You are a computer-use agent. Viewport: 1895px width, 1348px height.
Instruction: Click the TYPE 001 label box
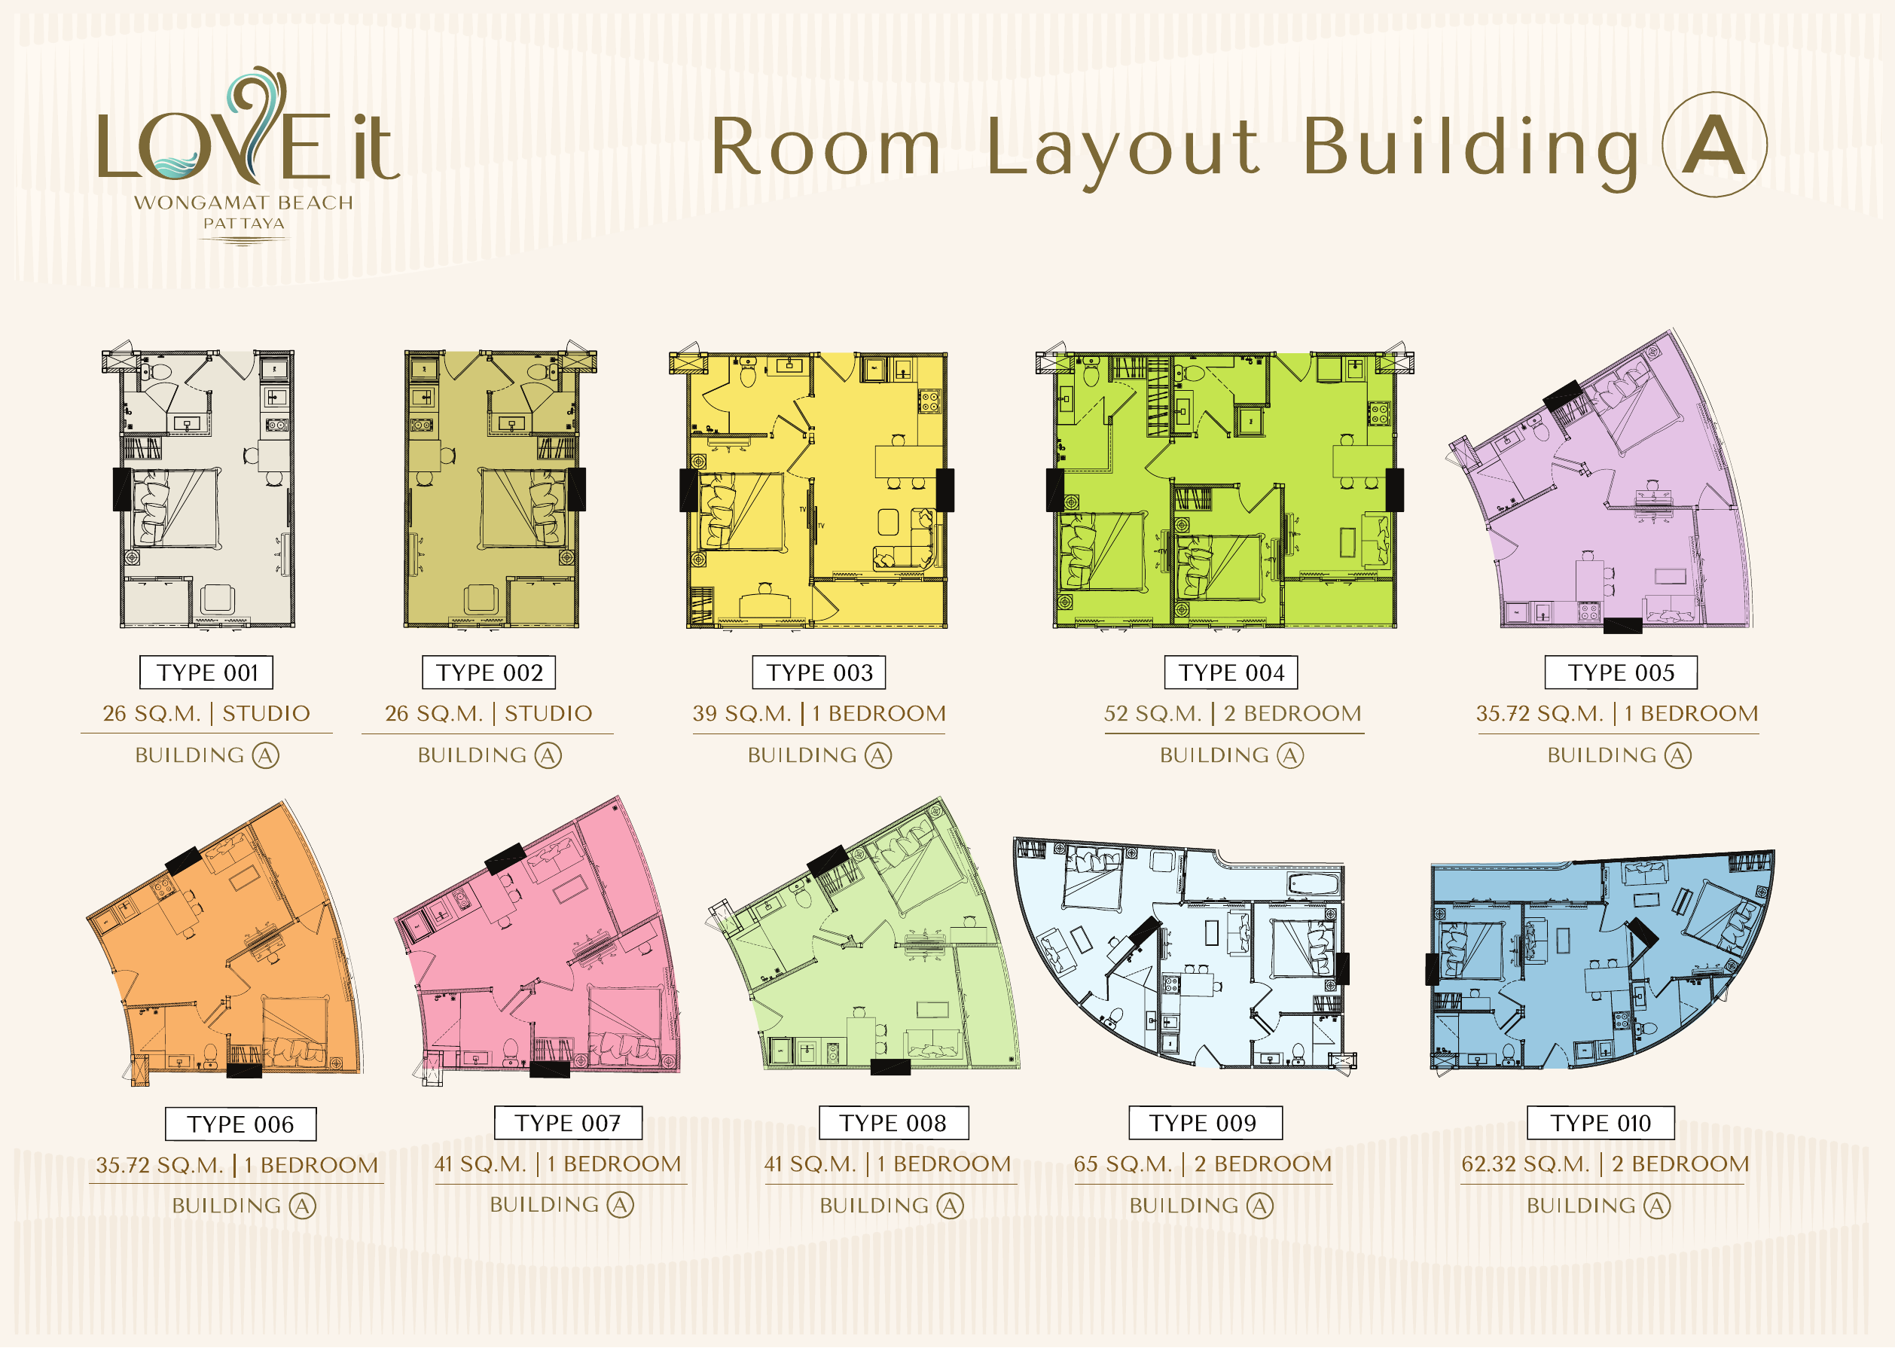206,672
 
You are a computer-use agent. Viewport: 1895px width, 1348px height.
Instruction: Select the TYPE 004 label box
1231,672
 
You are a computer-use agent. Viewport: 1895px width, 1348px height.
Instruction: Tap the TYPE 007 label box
568,1123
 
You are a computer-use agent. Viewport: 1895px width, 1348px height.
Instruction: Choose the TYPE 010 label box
1601,1123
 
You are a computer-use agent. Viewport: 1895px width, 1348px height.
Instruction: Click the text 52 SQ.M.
1152,714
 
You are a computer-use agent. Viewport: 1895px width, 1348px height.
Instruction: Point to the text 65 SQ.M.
1123,1163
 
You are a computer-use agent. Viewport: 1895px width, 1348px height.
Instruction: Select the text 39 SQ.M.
741,714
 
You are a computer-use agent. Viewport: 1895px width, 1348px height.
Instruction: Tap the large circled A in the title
1714,145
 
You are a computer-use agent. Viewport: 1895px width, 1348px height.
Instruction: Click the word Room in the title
826,147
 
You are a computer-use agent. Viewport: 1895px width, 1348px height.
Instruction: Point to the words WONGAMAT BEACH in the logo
244,203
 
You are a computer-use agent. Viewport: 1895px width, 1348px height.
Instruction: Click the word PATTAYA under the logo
244,223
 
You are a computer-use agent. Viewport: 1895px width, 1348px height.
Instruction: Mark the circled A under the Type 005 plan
1677,755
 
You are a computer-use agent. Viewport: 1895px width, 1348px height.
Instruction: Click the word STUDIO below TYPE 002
548,714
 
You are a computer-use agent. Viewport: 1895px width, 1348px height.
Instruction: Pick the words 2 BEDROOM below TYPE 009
1262,1163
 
